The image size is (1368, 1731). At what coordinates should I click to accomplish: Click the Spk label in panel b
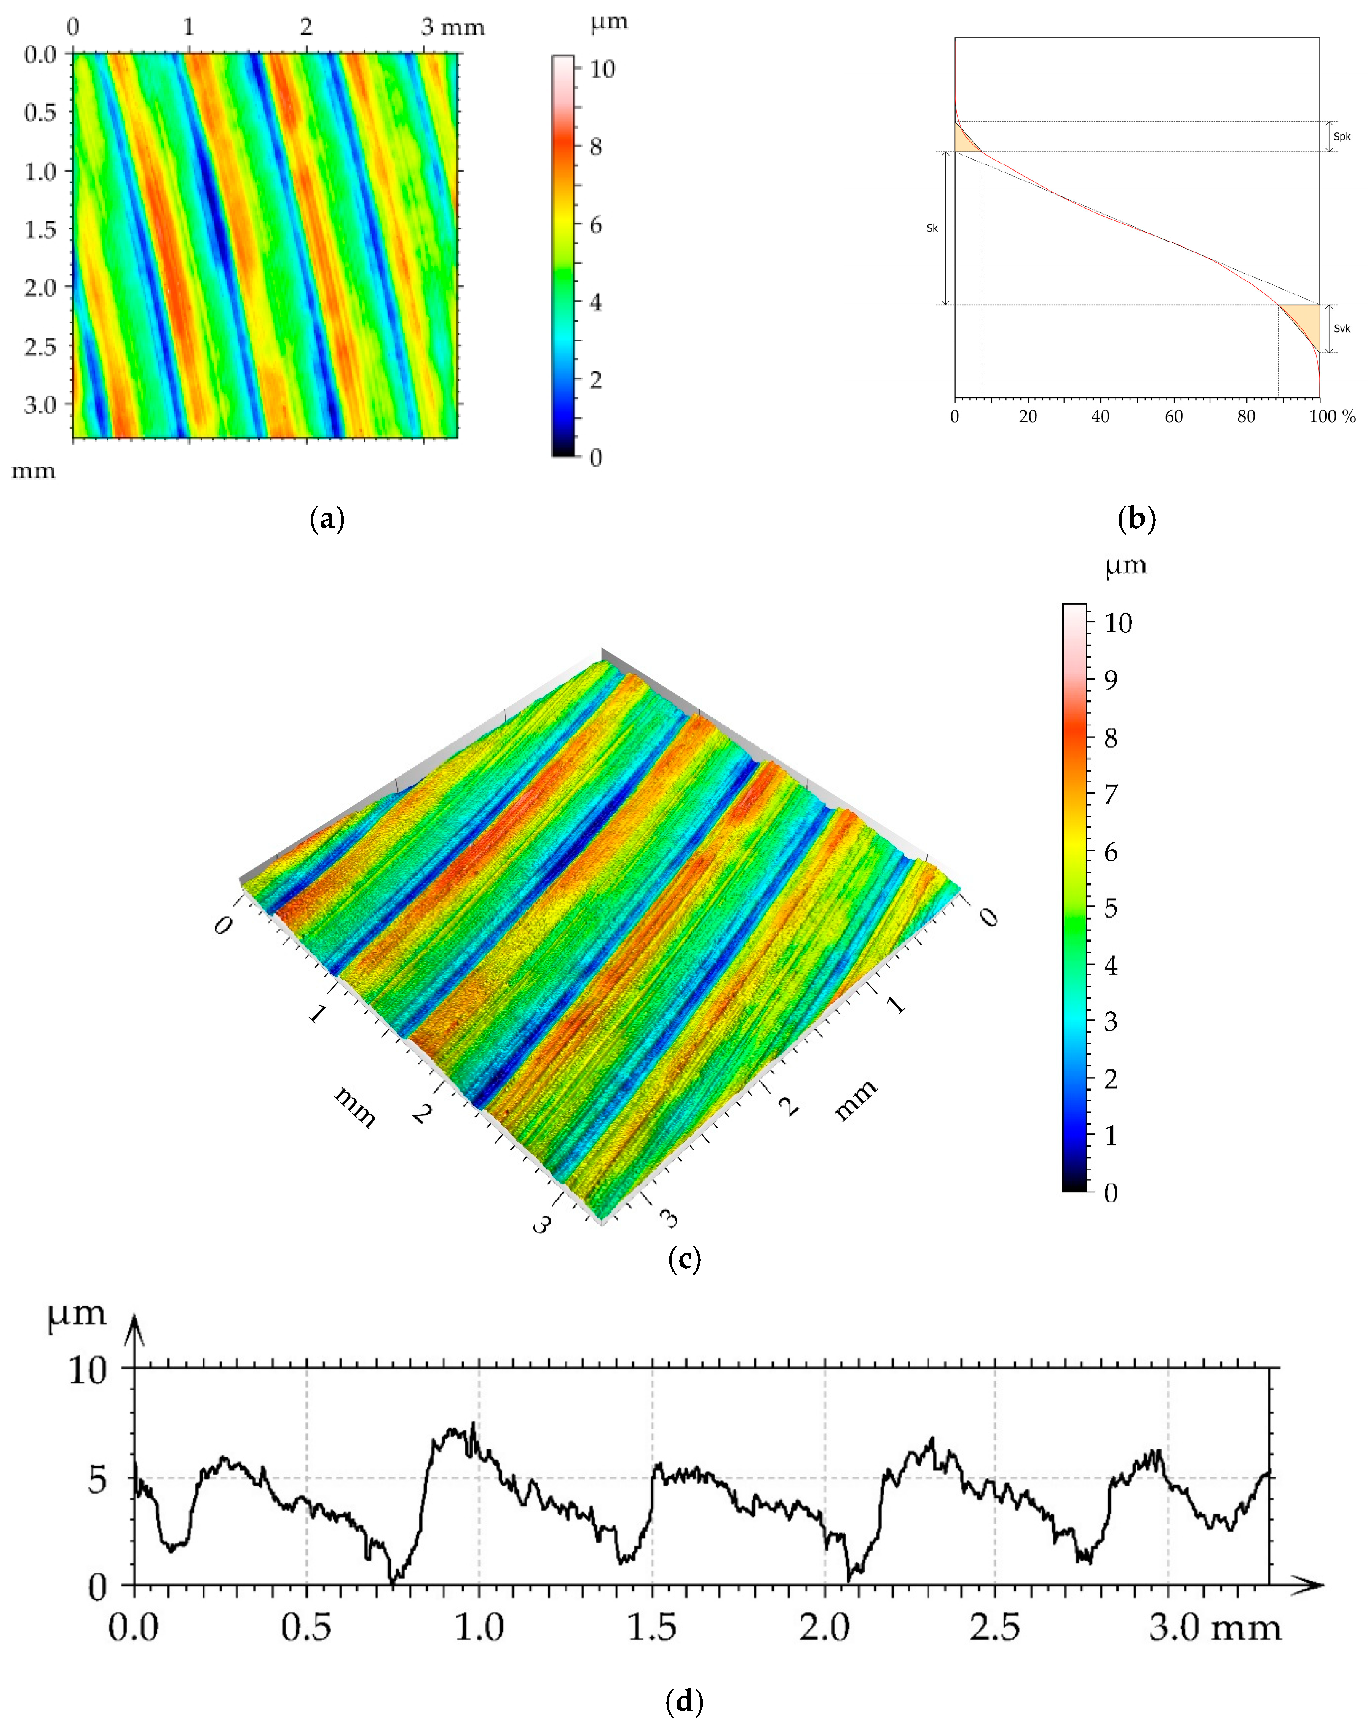[1341, 136]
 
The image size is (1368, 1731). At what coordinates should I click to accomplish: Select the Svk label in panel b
[1341, 328]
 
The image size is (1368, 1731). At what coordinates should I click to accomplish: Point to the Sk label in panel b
[932, 228]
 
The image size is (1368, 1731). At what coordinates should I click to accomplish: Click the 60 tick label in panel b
[1173, 416]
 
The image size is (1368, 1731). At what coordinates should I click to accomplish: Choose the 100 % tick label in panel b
[1332, 416]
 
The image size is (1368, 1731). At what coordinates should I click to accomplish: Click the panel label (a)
[327, 519]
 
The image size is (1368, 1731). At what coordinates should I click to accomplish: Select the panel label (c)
[684, 1259]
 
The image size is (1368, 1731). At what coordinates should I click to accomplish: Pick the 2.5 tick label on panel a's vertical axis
[40, 347]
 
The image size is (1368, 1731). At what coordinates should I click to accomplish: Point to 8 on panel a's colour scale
[596, 147]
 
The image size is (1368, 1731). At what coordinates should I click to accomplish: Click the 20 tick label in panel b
[1028, 416]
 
